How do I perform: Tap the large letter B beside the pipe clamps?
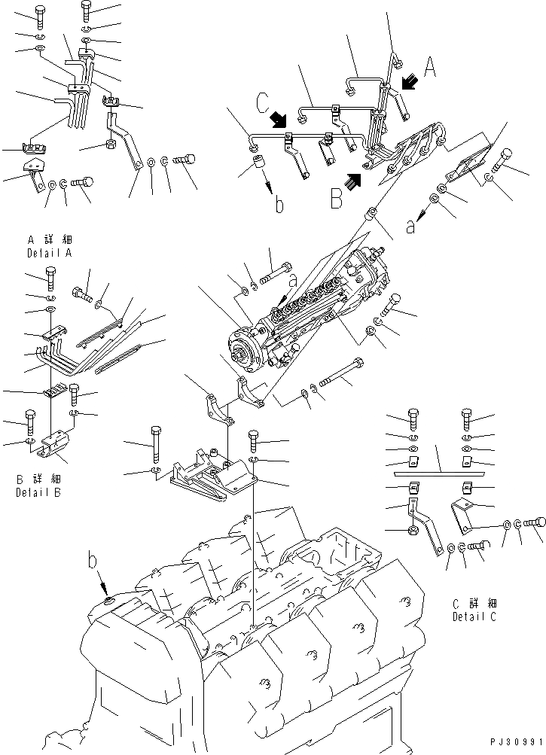pyautogui.click(x=337, y=197)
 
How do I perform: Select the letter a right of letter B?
pyautogui.click(x=410, y=225)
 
